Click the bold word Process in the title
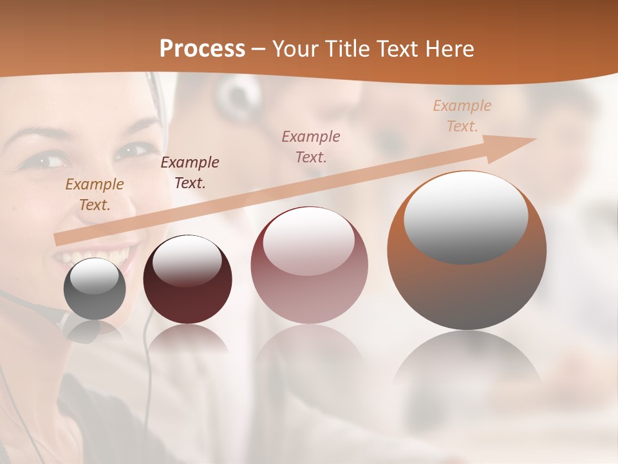click(x=202, y=49)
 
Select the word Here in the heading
click(x=449, y=49)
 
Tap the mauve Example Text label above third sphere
click(x=311, y=146)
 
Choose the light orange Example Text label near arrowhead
click(x=462, y=116)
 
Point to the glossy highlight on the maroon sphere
click(x=187, y=260)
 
